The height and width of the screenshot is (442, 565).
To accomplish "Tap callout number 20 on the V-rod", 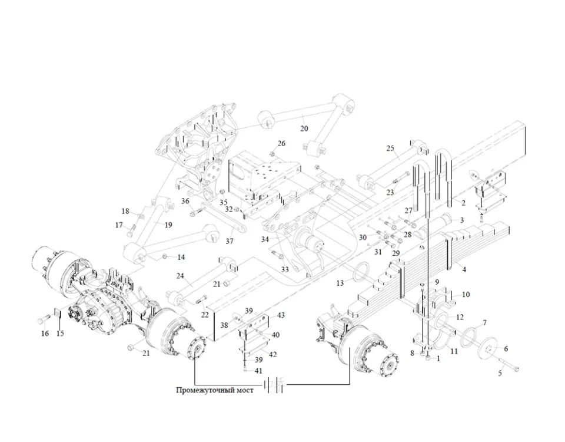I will (x=304, y=128).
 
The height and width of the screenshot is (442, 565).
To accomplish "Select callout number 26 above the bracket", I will (x=281, y=144).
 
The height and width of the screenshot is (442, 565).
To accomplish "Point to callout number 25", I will (x=390, y=148).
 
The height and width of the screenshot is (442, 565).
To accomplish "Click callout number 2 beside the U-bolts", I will (x=463, y=203).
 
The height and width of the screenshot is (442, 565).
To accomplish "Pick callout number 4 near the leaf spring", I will (x=464, y=270).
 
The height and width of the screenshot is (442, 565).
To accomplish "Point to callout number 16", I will (x=45, y=334).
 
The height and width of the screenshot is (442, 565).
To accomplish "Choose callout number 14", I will (x=181, y=257).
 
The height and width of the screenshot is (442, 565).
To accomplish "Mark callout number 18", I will (x=125, y=212).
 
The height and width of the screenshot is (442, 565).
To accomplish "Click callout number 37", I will (x=230, y=241).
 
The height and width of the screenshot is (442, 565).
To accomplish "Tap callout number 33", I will (x=285, y=269).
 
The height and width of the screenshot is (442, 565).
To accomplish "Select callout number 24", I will (x=180, y=275).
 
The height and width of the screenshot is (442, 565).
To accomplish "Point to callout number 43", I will (x=280, y=316).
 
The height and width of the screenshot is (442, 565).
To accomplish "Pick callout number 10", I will (x=466, y=295).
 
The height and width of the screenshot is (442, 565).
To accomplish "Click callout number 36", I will (x=185, y=201).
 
